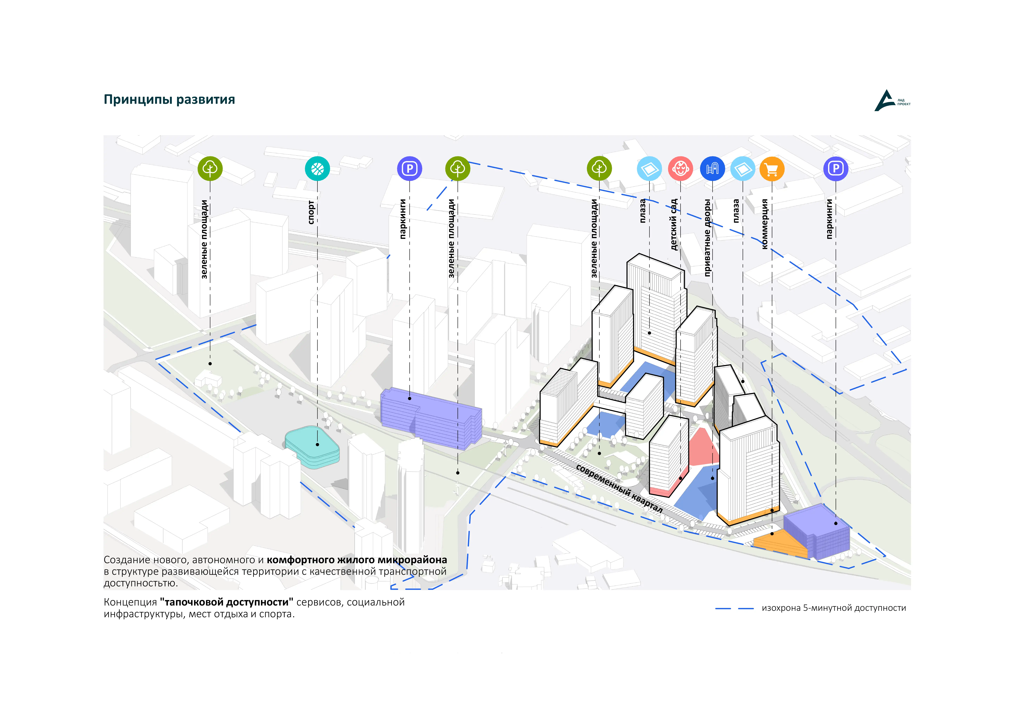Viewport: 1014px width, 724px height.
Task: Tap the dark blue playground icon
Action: [x=712, y=169]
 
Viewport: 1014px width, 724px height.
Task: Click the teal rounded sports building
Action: [x=312, y=447]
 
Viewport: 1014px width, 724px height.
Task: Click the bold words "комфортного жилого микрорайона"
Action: [x=357, y=560]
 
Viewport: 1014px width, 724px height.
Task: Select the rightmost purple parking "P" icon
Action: [x=835, y=169]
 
